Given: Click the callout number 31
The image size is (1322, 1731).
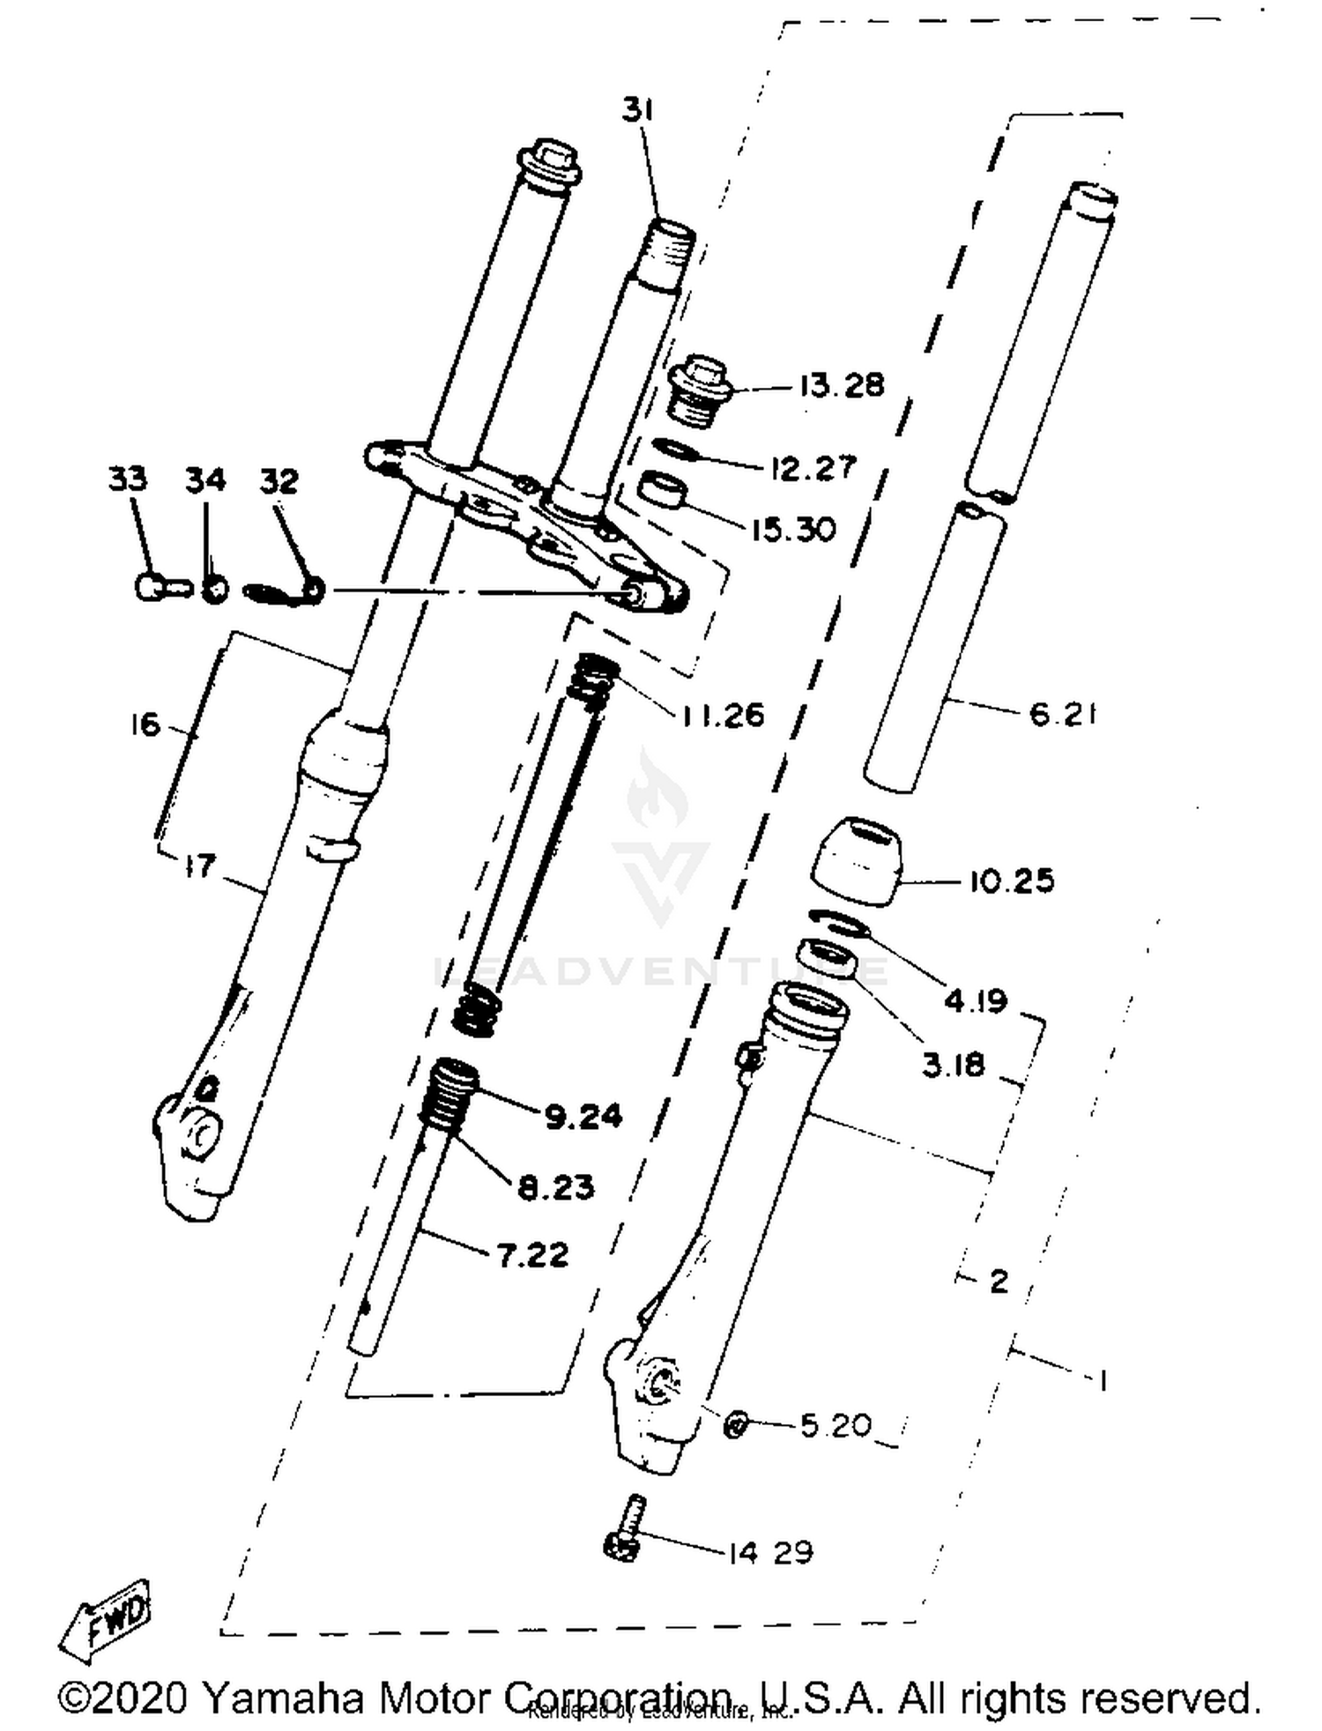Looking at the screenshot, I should [x=637, y=111].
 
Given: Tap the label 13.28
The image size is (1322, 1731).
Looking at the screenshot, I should [x=841, y=386].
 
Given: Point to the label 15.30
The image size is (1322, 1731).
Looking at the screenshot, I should [x=792, y=530].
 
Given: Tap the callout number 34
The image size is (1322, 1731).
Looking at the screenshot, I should [x=205, y=481].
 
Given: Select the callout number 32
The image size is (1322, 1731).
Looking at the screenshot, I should [x=279, y=481].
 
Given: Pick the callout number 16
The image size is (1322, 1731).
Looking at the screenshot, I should [x=145, y=724].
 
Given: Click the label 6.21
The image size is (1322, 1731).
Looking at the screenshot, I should [x=1062, y=714].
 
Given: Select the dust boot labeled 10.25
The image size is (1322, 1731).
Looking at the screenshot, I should [x=857, y=857].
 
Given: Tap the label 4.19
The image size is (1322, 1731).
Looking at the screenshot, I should [x=975, y=1000].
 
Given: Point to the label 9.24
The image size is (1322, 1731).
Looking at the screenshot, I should [x=583, y=1117].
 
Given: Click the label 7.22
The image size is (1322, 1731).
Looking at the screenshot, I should [x=532, y=1255].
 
